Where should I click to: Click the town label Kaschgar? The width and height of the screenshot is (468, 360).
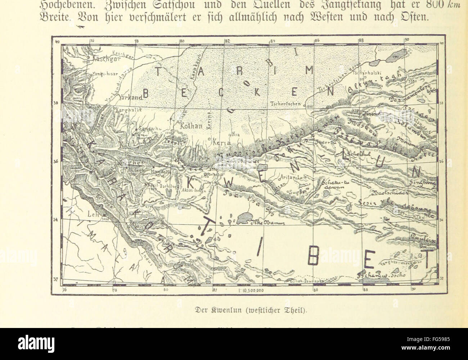[80, 58]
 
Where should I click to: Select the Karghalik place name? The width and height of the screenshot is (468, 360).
[129, 109]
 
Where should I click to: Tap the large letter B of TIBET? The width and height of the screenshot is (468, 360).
[314, 257]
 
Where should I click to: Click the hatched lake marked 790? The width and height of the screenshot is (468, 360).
[395, 58]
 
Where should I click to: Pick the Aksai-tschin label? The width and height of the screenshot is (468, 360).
[194, 191]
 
